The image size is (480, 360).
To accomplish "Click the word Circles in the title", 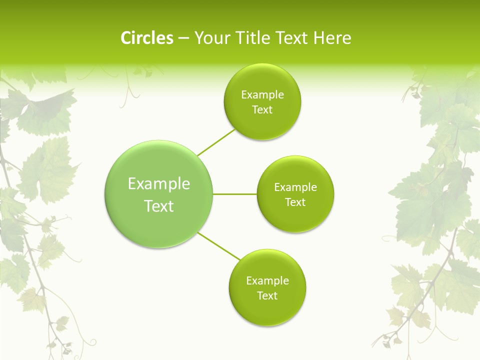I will pos(146,38).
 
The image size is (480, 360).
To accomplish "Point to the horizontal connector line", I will pos(235,194).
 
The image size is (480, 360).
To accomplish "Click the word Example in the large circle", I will pos(159,183).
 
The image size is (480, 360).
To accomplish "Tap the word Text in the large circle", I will pos(159,206).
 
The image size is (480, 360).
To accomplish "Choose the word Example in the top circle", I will pos(262,95).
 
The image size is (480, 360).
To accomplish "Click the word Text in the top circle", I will pos(262,110).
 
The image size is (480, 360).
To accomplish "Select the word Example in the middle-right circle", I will pos(295,187).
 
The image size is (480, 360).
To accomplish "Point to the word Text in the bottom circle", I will pos(267,295).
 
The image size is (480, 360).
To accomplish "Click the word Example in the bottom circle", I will pos(267,280).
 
